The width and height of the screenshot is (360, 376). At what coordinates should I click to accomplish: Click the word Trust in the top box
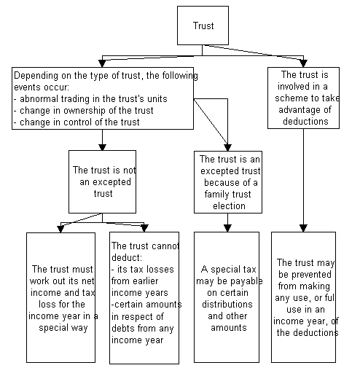coord(203,26)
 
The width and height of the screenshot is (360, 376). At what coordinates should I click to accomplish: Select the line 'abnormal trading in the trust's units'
coord(90,99)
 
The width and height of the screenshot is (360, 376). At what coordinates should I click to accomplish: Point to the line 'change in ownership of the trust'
coord(84,111)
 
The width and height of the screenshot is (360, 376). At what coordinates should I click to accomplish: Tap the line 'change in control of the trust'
coord(77,122)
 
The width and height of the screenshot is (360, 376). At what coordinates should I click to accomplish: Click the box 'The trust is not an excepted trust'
coord(102,181)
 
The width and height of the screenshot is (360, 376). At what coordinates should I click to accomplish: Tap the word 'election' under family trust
coord(229,206)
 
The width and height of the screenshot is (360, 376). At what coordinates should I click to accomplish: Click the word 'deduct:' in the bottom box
coord(127,257)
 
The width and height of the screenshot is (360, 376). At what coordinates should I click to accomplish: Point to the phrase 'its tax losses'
coord(146,270)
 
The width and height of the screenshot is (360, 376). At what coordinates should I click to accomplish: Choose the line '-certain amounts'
coord(146,305)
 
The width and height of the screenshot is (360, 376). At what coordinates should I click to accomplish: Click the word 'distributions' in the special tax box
coord(227,304)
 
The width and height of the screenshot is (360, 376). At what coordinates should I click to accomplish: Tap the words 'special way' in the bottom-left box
coord(63,328)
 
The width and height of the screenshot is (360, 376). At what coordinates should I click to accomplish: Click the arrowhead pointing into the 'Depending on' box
coord(102,63)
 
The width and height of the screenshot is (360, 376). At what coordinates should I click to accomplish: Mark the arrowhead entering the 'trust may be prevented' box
coord(303,228)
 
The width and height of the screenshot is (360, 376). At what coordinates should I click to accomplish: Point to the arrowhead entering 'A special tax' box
coord(227,228)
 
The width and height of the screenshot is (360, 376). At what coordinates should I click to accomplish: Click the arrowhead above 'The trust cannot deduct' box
coord(144,228)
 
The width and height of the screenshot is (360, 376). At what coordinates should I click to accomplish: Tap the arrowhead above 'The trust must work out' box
coord(60,229)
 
